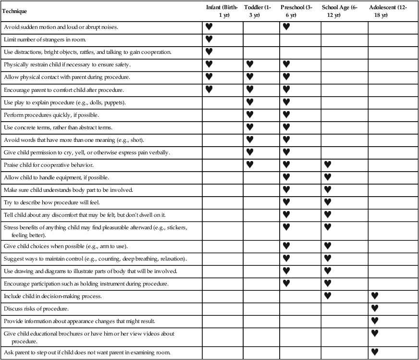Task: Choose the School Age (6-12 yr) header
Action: tap(339, 12)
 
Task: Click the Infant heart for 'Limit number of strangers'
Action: tap(209, 39)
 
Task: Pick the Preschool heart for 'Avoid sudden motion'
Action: tap(286, 27)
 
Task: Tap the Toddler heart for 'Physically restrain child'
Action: tap(250, 64)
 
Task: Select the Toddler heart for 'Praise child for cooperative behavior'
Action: tap(250, 164)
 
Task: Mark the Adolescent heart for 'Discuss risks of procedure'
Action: tap(375, 308)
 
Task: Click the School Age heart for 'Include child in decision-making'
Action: tap(328, 296)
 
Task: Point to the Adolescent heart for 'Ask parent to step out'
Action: tap(375, 353)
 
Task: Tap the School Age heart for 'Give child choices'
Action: tap(328, 246)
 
